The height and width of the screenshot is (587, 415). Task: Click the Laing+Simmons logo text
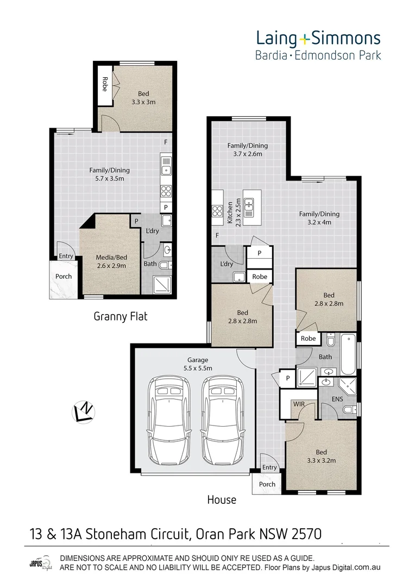pyautogui.click(x=318, y=39)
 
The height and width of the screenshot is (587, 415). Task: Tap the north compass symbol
pyautogui.click(x=83, y=412)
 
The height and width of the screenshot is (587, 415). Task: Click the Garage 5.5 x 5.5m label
pyautogui.click(x=195, y=364)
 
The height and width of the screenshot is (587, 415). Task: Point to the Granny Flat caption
pyautogui.click(x=121, y=316)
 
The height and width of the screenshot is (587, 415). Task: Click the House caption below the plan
pyautogui.click(x=222, y=499)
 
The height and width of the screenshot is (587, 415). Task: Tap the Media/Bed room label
pyautogui.click(x=111, y=262)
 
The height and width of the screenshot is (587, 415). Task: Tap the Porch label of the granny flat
pyautogui.click(x=64, y=276)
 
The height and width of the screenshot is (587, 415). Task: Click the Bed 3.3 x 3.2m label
pyautogui.click(x=321, y=457)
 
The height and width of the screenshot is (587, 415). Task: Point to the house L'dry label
pyautogui.click(x=227, y=264)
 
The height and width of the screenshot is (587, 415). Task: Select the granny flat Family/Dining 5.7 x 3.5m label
pyautogui.click(x=110, y=174)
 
